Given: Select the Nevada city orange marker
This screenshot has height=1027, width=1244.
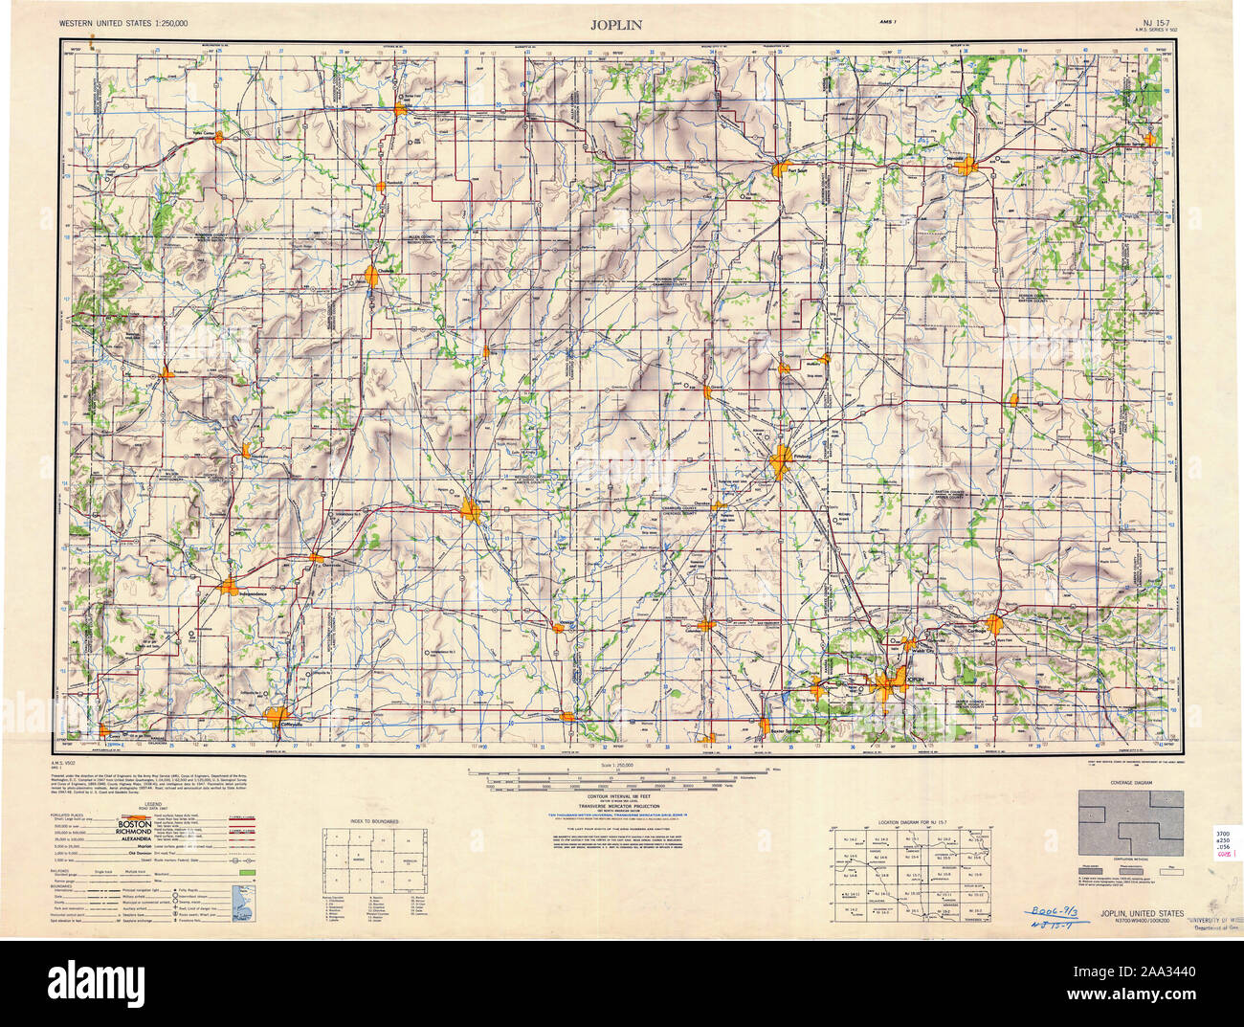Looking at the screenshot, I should click(x=969, y=166).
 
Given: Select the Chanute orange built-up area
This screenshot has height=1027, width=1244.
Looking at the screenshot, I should click(x=372, y=277).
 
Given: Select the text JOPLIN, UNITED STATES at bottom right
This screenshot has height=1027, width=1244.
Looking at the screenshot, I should click(x=1140, y=913).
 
